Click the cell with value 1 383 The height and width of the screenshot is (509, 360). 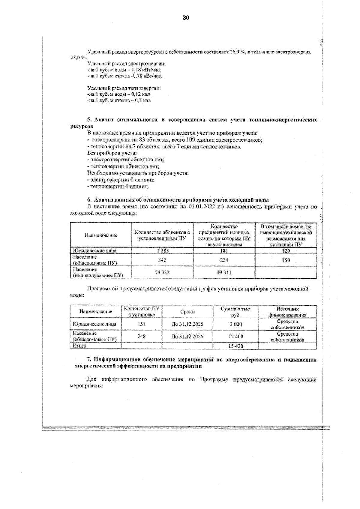(162, 251)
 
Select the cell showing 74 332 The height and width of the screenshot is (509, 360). (162, 272)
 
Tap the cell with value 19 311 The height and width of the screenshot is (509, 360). (224, 272)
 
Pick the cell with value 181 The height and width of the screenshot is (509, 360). (224, 251)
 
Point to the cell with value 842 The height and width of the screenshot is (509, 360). (162, 260)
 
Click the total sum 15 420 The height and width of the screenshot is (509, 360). (236, 346)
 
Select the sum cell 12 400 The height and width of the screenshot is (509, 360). (236, 337)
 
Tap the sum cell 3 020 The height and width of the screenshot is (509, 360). (236, 324)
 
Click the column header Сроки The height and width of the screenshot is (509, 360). (187, 312)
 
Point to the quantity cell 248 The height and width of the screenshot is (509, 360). (141, 336)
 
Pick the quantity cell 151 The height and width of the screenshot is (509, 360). (141, 324)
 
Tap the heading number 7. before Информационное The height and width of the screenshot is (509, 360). (89, 360)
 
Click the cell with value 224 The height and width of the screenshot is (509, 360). (224, 260)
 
